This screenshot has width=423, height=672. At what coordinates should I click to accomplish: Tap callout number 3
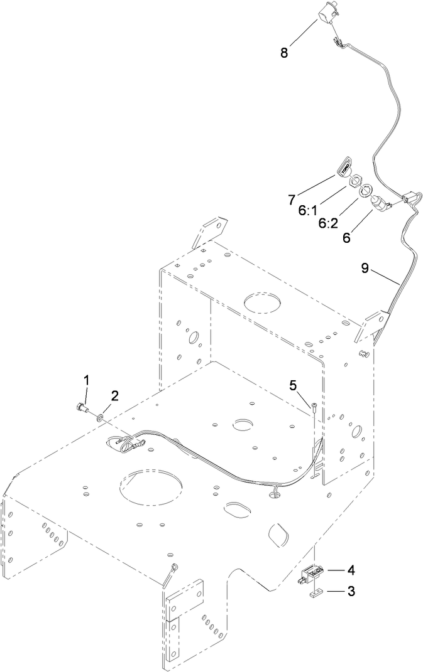(x=351, y=591)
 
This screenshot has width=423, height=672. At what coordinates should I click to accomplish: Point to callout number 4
(x=351, y=570)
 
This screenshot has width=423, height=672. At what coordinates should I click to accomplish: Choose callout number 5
(x=293, y=385)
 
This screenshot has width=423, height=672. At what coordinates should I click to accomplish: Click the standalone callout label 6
(x=346, y=238)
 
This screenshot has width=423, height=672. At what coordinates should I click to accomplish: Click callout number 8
(x=284, y=53)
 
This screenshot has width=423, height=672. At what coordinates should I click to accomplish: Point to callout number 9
(x=365, y=268)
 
